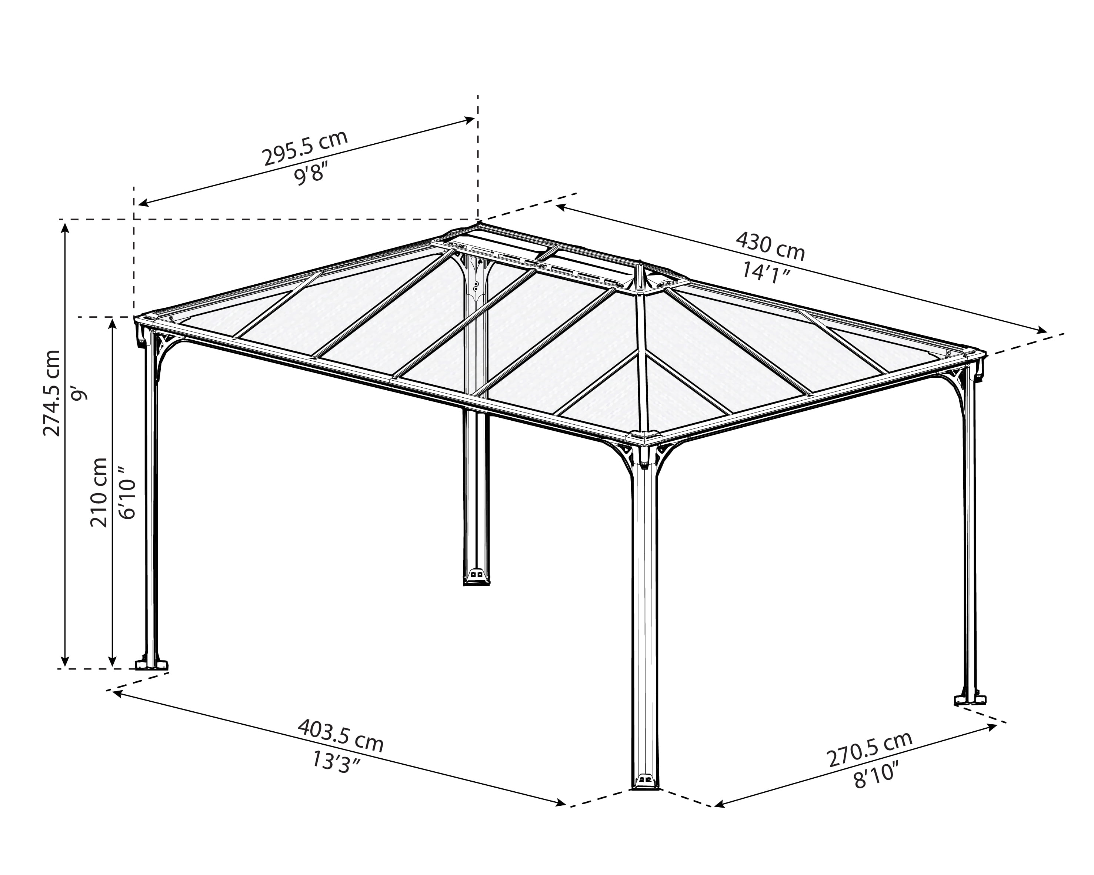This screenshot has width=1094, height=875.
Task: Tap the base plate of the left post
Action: (151, 665)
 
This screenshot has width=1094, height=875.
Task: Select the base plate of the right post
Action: (971, 701)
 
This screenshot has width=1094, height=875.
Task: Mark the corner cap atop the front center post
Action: (644, 437)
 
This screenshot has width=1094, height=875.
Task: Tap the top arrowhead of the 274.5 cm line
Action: (64, 228)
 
